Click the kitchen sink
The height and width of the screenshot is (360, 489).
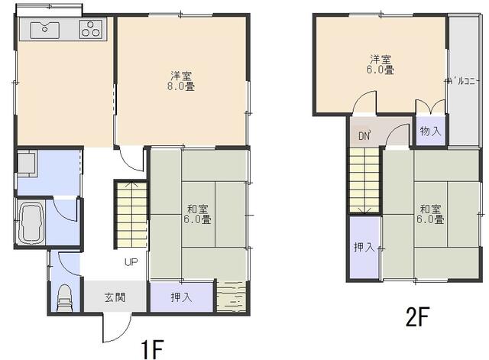45,31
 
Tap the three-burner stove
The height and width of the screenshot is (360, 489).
91,29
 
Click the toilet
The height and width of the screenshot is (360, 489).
65,298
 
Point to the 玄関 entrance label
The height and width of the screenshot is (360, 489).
115,297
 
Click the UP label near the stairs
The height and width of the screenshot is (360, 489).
131,262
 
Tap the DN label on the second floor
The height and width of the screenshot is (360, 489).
364,136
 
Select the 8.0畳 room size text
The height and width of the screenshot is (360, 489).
181,86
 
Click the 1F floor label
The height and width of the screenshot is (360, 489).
152,349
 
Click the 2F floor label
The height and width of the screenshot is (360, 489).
418,316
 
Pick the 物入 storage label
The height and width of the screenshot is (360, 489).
431,131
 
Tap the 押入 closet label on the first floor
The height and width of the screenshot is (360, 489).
182,297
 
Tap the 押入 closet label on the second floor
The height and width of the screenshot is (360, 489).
364,248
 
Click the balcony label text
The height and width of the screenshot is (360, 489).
461,82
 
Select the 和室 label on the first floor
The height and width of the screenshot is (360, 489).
197,209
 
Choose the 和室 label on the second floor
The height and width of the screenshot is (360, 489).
430,209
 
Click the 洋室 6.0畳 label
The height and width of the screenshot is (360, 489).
381,64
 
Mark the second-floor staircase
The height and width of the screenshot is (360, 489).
364,180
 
